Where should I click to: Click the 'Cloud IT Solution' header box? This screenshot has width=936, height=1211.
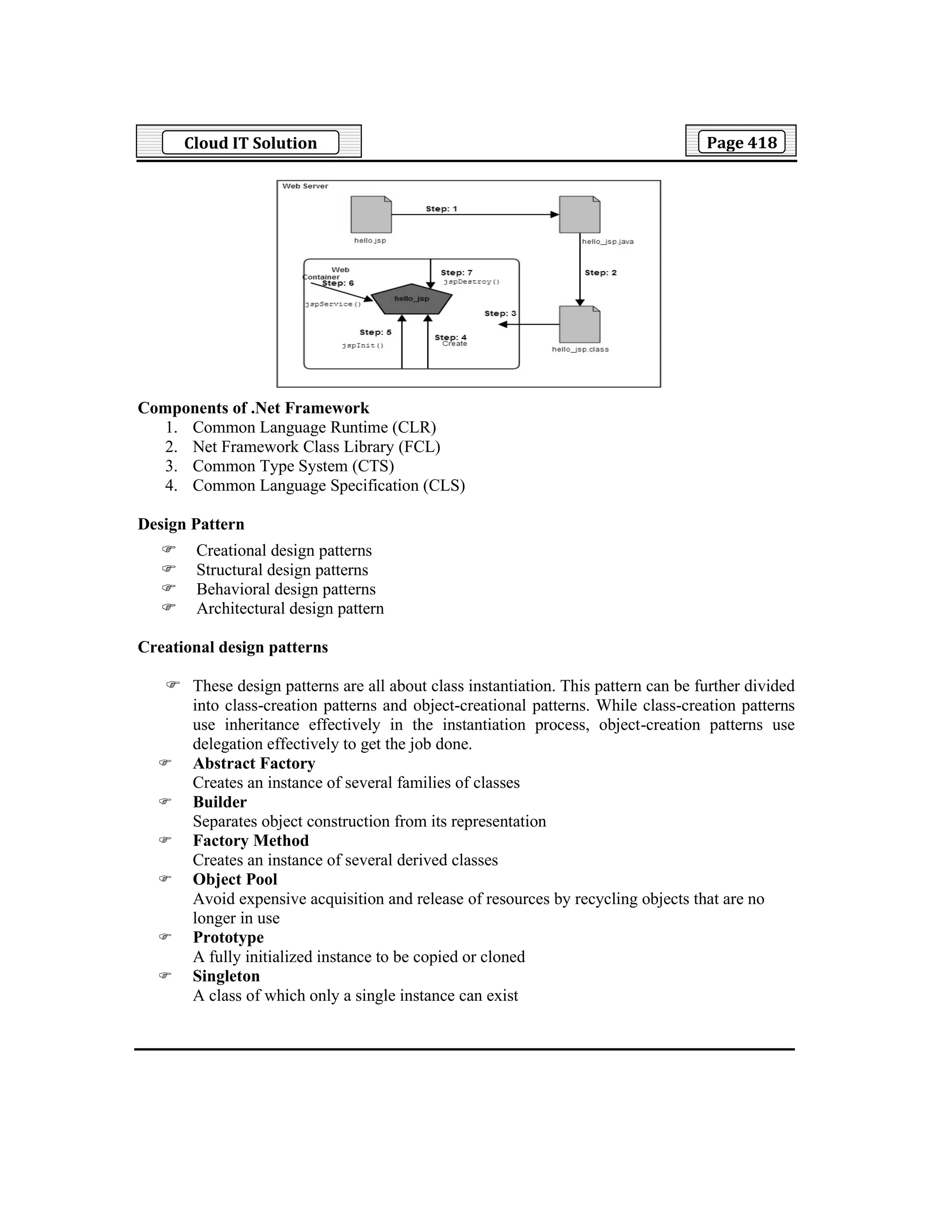coord(250,143)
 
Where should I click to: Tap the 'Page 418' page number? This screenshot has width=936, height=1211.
coord(741,142)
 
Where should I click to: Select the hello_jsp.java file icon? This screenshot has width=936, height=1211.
coord(580,215)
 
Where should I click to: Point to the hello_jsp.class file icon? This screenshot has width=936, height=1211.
coord(580,324)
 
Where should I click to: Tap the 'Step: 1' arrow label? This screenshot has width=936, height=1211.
coord(441,209)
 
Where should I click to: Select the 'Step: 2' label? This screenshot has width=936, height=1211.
coord(601,273)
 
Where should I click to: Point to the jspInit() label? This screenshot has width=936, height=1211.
coord(362,345)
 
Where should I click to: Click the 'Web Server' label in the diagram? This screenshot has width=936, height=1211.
coord(305,186)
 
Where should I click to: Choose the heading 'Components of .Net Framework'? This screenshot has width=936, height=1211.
coord(253,408)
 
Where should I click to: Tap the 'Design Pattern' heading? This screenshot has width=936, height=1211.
coord(191,524)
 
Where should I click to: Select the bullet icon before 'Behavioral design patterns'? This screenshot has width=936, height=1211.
coord(169,588)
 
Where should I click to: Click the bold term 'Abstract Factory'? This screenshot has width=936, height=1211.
coord(254,764)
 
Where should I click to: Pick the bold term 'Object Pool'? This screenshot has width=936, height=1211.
coord(235,879)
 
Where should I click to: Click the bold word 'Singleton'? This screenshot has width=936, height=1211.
coord(226,976)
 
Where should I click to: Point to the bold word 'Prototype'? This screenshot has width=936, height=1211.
coord(229,937)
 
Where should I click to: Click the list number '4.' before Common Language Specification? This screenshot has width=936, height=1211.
coord(171,486)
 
